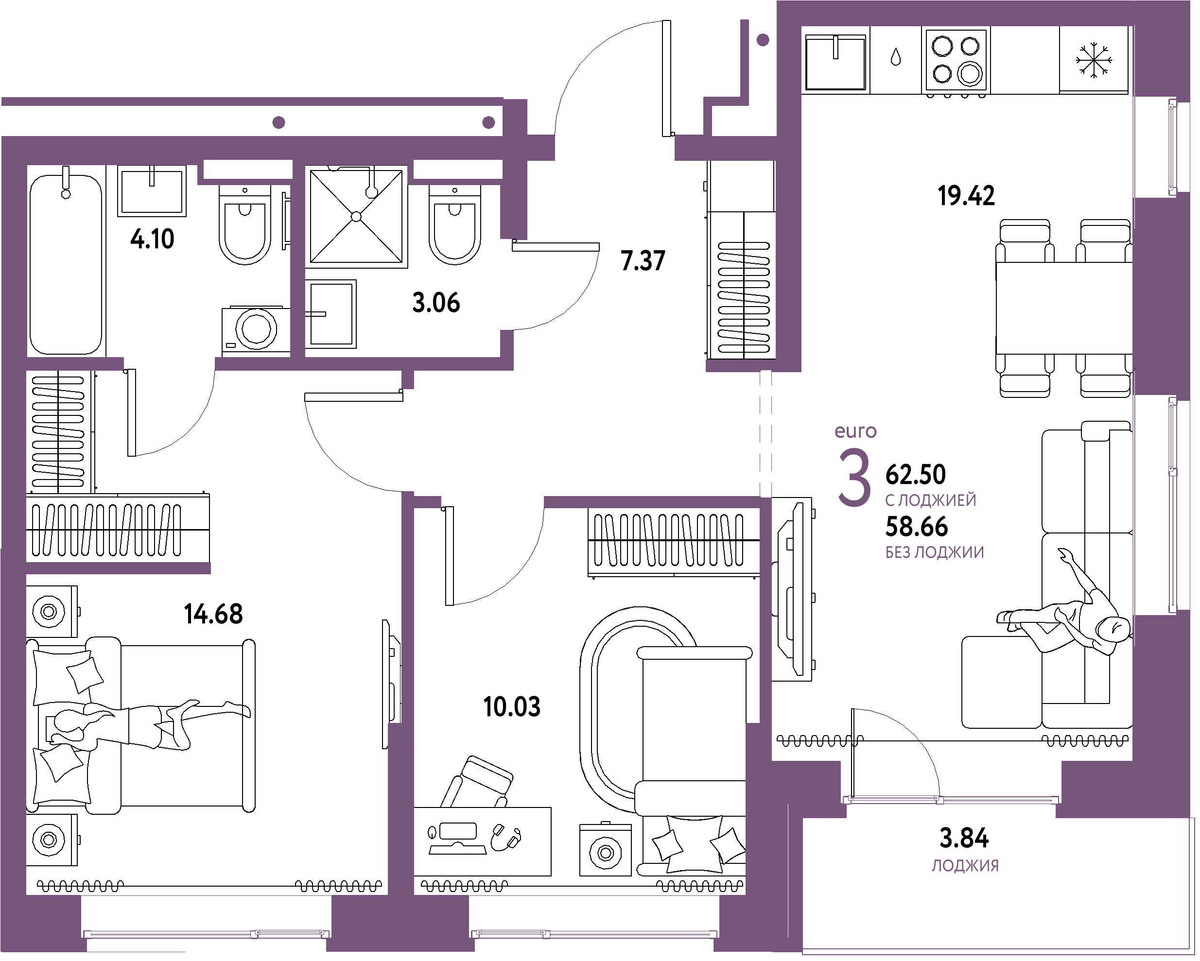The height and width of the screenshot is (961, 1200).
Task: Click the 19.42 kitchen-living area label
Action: [966, 196]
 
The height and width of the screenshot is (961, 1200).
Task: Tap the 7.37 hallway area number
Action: [643, 261]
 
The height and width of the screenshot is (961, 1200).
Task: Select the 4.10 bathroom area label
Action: [152, 239]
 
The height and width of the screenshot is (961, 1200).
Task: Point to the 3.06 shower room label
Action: [436, 303]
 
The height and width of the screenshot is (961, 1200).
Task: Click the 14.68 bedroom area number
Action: [213, 614]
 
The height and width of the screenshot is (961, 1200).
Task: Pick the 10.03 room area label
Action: [511, 707]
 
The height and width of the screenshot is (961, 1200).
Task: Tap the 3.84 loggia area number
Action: [964, 838]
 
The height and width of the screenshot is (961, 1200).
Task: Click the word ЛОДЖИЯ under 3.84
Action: [965, 866]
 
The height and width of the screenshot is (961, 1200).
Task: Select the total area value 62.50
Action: [916, 475]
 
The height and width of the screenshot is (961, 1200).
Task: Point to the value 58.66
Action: [916, 526]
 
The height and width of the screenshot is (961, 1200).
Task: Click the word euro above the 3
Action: [855, 431]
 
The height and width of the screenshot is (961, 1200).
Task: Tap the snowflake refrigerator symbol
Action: [1094, 60]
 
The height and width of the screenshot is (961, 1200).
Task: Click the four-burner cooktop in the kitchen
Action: [956, 60]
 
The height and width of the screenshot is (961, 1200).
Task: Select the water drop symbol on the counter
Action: [896, 57]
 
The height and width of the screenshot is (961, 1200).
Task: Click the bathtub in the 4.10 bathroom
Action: [66, 261]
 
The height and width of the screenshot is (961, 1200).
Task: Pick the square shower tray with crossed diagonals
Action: [356, 217]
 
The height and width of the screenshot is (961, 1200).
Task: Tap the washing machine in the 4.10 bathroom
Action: [256, 329]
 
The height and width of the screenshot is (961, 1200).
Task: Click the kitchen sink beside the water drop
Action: [835, 62]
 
